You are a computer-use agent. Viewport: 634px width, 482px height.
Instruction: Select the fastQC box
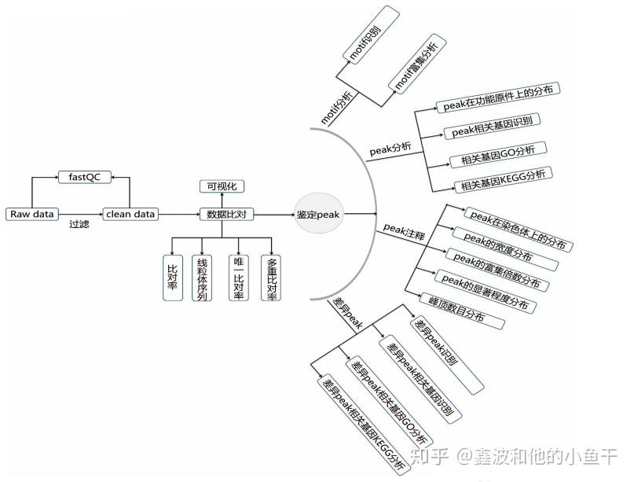[x=81, y=177]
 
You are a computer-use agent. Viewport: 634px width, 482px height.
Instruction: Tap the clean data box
[x=130, y=214]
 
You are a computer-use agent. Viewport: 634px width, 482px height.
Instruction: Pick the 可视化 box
[x=222, y=186]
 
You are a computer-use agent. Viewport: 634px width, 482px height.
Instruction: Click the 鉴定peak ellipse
[x=319, y=214]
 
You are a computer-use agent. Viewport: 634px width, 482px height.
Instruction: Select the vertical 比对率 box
[x=172, y=277]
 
